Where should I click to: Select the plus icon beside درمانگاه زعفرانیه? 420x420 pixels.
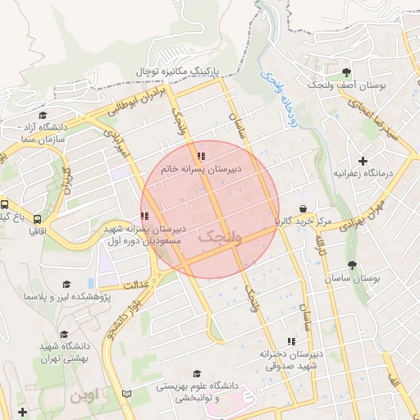(x=363, y=160)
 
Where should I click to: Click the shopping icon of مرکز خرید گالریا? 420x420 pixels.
(x=304, y=209)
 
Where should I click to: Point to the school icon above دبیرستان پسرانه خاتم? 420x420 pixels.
(x=201, y=156)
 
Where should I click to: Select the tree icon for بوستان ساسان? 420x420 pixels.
(x=352, y=265)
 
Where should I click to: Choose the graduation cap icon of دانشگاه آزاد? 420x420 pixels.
(x=43, y=116)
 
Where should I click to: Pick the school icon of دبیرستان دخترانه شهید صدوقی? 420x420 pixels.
(x=290, y=340)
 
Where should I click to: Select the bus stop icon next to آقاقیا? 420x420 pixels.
(x=37, y=219)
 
